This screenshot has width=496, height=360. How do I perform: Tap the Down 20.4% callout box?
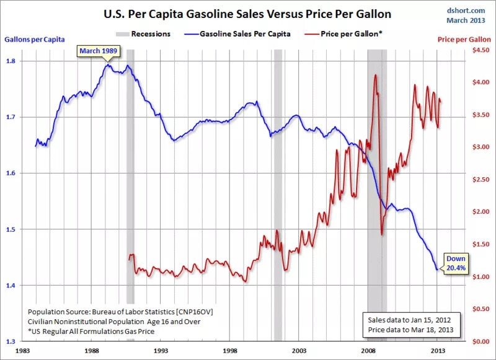tap(456, 263)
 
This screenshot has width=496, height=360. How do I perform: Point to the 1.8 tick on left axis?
tap(12, 61)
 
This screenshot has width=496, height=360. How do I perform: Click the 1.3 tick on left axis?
tap(12, 341)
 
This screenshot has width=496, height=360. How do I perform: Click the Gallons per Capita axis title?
tap(34, 39)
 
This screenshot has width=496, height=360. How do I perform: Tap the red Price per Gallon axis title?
tap(464, 39)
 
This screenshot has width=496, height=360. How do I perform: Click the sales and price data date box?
tap(411, 325)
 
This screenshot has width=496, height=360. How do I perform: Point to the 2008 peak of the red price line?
tap(376, 75)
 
